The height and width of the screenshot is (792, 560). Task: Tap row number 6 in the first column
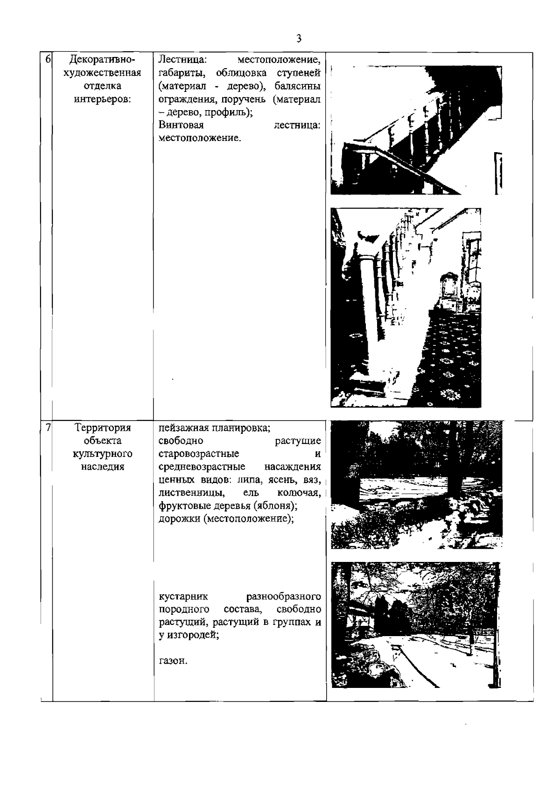pyautogui.click(x=48, y=60)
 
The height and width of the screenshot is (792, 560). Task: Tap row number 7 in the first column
pyautogui.click(x=48, y=428)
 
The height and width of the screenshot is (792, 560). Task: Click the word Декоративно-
pyautogui.click(x=103, y=60)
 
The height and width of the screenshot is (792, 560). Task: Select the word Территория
pyautogui.click(x=103, y=428)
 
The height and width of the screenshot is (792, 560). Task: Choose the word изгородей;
pyautogui.click(x=193, y=636)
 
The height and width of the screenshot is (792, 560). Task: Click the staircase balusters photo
pyautogui.click(x=415, y=130)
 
